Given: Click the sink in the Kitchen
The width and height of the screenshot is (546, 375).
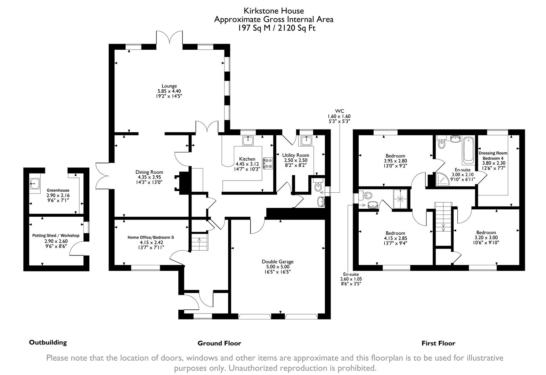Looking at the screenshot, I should [248, 141].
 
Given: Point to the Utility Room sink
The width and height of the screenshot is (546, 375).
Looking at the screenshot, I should [306, 141].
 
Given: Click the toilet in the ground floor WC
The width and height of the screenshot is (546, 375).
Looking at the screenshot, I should [318, 186].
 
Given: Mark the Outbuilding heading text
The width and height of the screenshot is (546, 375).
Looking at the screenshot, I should [48, 342].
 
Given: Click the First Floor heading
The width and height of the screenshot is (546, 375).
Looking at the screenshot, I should [438, 343].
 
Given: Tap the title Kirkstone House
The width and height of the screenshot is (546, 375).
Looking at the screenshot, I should [273, 11].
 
